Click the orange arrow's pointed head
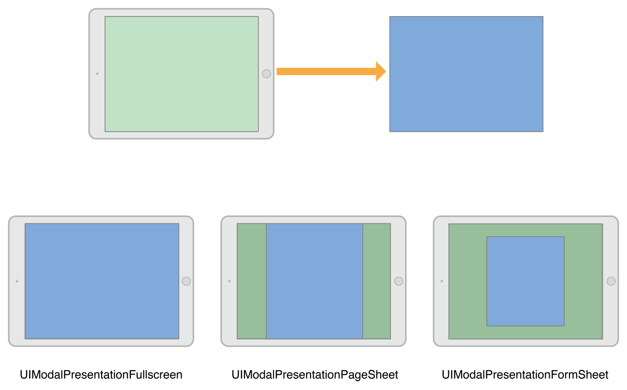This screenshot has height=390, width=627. pos(381,72)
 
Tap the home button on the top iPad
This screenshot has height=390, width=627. pos(266,74)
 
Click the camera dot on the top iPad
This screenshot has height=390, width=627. pos(97,74)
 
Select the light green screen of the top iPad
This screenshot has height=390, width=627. pos(182,74)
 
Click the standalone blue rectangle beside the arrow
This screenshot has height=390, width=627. pos(466,74)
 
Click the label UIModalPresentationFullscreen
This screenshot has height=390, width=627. pos(101,375)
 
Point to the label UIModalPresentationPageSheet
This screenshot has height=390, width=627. pos(315,375)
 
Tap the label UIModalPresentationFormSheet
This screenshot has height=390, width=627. pos(525,375)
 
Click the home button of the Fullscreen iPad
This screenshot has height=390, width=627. pos(186,281)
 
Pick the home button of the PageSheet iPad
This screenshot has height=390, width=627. pos(399,281)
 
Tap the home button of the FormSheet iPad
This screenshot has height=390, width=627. pos(611,281)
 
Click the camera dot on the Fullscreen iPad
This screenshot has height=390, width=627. pos(17,281)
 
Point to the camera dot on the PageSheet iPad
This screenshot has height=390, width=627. pos(229,281)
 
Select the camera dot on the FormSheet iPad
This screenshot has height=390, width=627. pos(442,281)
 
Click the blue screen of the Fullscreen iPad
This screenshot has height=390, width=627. pos(102,281)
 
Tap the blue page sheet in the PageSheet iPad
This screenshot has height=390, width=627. pos(314,281)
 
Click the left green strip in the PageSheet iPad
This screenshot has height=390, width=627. pos(252,281)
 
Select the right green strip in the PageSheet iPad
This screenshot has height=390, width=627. pos(377,281)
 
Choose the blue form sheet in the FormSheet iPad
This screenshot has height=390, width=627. pos(525,281)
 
